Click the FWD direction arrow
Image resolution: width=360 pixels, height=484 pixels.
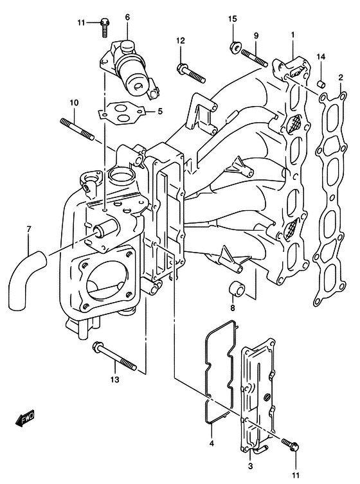tap(25, 419)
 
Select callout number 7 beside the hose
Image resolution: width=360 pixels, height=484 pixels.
tap(29, 229)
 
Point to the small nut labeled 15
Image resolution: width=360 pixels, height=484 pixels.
tap(235, 47)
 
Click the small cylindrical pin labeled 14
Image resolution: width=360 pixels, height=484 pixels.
tap(321, 84)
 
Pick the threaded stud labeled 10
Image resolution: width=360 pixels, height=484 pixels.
tap(77, 129)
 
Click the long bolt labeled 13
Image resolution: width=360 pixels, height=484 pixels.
tap(114, 356)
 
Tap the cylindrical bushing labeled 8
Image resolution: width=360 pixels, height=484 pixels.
tap(237, 291)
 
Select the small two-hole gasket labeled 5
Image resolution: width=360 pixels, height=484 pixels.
tap(120, 114)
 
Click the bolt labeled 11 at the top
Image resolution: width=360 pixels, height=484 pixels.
tap(105, 28)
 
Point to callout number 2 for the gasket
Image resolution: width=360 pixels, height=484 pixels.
tap(340, 77)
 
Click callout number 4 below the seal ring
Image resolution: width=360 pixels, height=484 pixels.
tap(212, 444)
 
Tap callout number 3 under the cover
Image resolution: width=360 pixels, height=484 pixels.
tap(251, 466)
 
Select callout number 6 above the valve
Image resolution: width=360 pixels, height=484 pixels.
tap(127, 17)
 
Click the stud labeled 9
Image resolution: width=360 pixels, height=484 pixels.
tap(255, 58)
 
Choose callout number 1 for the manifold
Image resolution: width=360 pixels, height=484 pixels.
tap(292, 35)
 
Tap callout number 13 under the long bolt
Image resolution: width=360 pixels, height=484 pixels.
tap(114, 379)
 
